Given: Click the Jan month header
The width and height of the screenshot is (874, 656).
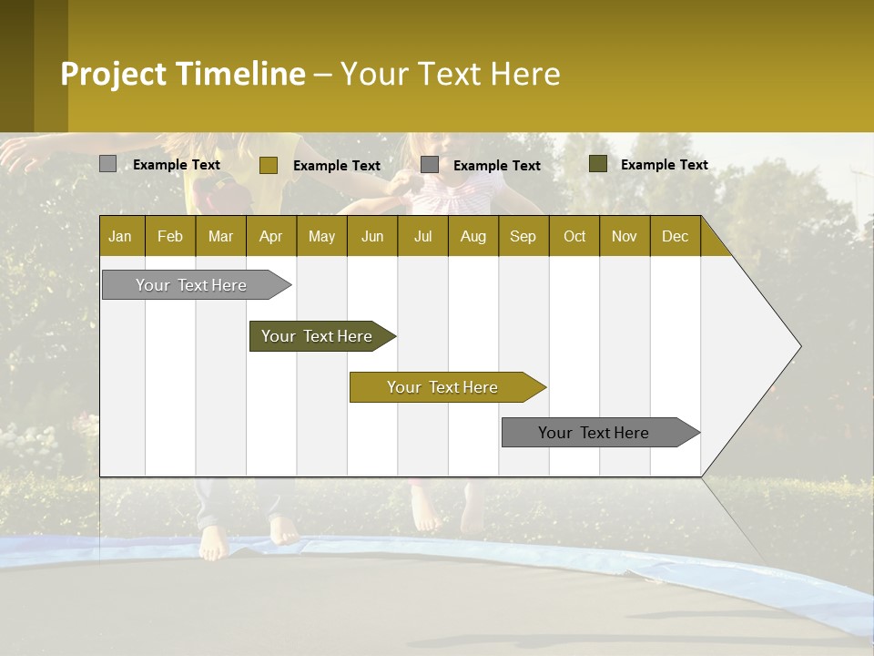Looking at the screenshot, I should (121, 236).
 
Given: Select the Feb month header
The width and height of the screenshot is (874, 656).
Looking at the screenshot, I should (170, 236).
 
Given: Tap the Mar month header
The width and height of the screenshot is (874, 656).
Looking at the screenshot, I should (220, 236).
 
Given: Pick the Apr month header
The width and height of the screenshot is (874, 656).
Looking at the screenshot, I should (271, 236).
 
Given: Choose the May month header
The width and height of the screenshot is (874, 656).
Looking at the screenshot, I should (321, 236).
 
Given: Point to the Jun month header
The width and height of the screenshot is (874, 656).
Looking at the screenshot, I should (372, 236).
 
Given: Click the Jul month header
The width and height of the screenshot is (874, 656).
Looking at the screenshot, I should (422, 236).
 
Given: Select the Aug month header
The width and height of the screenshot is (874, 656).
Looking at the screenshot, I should (473, 236).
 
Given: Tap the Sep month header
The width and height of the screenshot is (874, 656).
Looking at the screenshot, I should (523, 236).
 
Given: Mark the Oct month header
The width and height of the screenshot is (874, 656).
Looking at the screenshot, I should (574, 236).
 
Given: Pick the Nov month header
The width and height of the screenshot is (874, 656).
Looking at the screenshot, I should (625, 236).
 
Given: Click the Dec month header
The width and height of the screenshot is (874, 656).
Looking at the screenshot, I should (676, 236).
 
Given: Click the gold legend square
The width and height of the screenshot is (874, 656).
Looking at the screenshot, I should (269, 165).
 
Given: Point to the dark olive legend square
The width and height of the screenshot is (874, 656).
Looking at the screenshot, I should (598, 164).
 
